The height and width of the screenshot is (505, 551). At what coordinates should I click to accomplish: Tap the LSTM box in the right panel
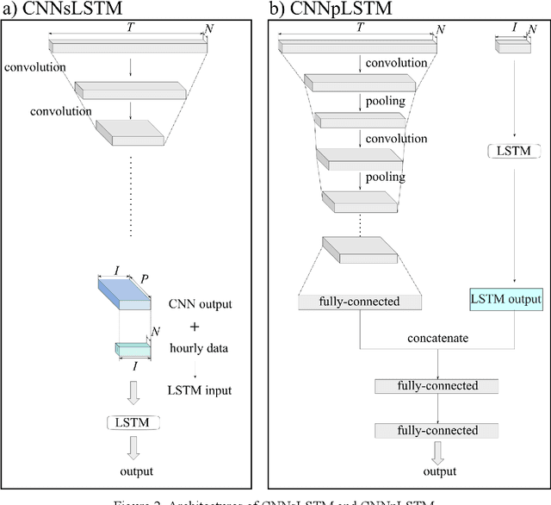pyautogui.click(x=514, y=152)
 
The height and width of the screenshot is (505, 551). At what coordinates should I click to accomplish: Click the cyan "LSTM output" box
pyautogui.click(x=506, y=299)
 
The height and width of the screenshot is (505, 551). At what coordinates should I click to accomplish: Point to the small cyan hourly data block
pyautogui.click(x=132, y=349)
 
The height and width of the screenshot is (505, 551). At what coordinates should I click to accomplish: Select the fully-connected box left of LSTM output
pyautogui.click(x=360, y=302)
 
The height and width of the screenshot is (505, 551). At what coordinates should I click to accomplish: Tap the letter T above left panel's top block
pyautogui.click(x=130, y=28)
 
